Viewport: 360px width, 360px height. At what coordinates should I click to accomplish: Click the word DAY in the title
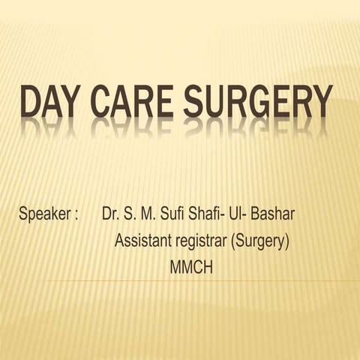pos(55,103)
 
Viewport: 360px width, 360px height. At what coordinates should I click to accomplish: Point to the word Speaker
pos(43,215)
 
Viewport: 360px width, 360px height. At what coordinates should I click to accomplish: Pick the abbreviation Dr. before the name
pos(110,214)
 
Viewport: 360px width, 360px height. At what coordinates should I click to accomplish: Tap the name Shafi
pos(208,214)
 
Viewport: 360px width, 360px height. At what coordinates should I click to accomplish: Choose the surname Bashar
pos(276,214)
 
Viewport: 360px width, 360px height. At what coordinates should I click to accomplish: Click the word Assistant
pos(144,241)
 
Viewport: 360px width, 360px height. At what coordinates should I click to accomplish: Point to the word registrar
pos(202,242)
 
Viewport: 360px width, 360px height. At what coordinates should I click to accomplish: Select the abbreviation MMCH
pos(191,267)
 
